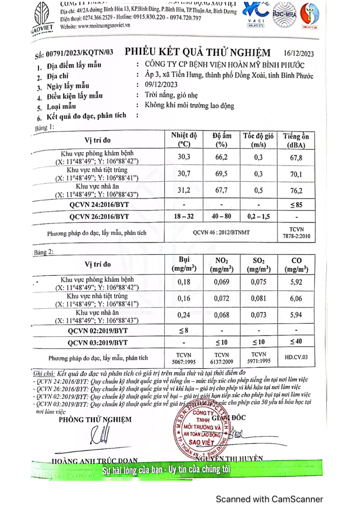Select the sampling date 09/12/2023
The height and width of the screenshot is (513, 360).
coord(161,85)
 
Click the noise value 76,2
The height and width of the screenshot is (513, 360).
coord(296,190)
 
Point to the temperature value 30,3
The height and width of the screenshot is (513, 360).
coord(184,157)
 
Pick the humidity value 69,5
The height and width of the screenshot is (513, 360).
coord(221,174)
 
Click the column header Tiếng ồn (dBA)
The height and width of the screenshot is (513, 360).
coord(296,140)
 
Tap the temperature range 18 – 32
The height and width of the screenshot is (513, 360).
coord(184,216)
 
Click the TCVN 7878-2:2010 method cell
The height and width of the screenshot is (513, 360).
coord(296,233)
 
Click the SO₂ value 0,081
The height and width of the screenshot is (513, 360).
coord(259,299)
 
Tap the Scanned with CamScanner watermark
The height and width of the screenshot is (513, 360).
coord(269,499)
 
